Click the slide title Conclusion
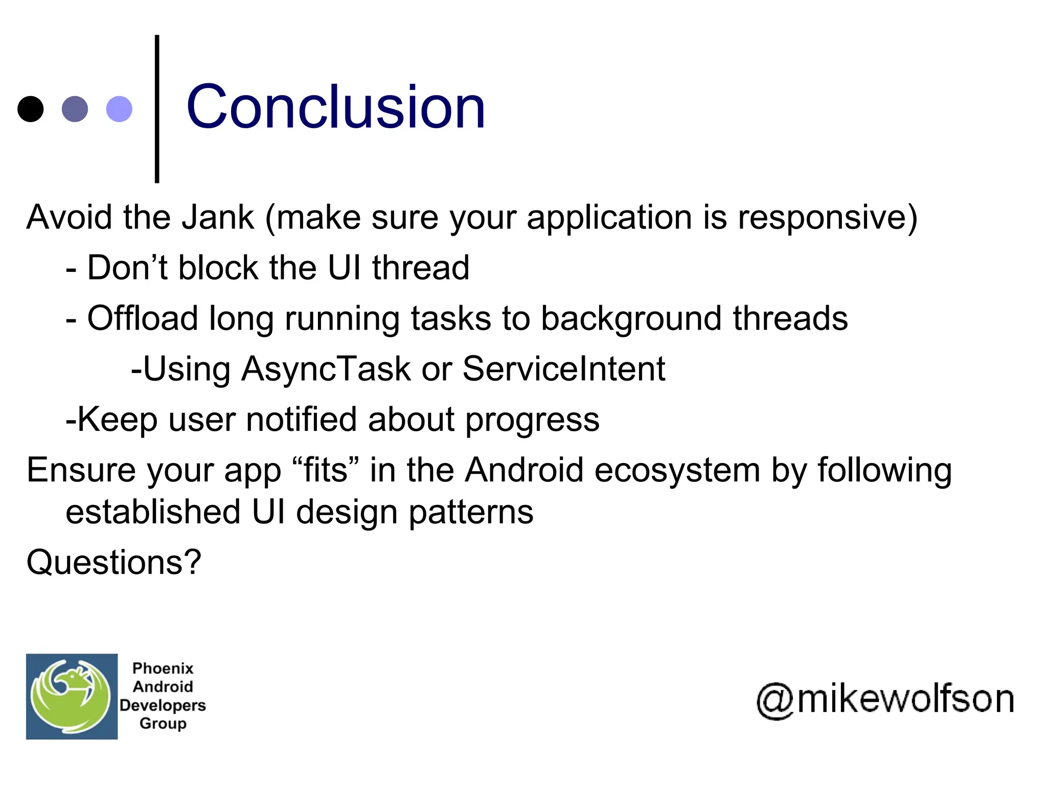[x=335, y=107]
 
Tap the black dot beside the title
[x=31, y=109]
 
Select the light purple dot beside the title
[x=119, y=109]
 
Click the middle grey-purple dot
[x=75, y=109]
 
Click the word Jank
[x=218, y=217]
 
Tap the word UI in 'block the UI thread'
[x=344, y=267]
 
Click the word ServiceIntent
[x=563, y=368]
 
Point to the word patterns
[x=471, y=513]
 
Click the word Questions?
[x=114, y=563]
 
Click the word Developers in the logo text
[x=163, y=705]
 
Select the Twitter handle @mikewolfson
[x=885, y=699]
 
